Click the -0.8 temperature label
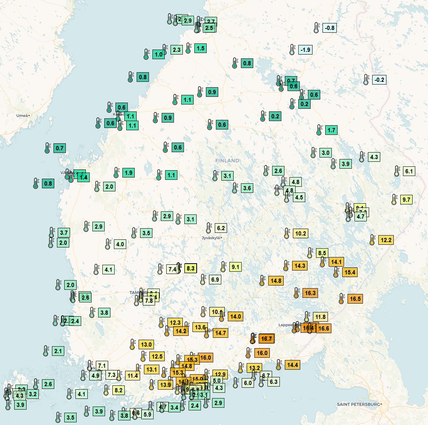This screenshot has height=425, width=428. (330, 28)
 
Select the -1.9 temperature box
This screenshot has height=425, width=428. (305, 50)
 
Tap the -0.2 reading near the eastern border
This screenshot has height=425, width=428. (379, 80)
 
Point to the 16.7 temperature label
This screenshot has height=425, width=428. (266, 339)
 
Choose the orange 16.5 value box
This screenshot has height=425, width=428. (355, 299)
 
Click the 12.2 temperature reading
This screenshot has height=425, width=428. (386, 240)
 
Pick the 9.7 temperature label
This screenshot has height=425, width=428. (406, 200)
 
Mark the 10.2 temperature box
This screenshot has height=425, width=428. (300, 233)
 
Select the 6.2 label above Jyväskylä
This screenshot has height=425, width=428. (221, 228)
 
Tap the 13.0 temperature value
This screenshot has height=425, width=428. (146, 344)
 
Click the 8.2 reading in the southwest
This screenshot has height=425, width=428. (118, 390)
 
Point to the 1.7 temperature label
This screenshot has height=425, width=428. (331, 130)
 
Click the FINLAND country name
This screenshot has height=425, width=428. (227, 161)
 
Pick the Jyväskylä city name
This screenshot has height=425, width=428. (211, 238)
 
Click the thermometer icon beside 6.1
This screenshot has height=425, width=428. (397, 171)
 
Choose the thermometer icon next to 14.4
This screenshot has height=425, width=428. (279, 365)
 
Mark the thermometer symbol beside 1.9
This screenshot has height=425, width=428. (116, 173)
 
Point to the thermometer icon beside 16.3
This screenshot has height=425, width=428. (296, 293)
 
